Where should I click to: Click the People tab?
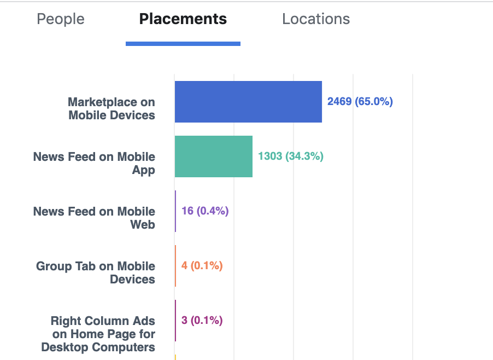coord(61,19)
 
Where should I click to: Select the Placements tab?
coord(183,19)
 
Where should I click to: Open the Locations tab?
coord(316,19)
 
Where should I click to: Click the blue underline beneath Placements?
coord(183,44)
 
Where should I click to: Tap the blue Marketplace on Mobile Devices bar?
coord(248,102)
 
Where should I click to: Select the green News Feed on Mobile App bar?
coord(214,156)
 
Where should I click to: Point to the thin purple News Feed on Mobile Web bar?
coord(175,211)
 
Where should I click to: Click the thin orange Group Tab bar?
coord(175,266)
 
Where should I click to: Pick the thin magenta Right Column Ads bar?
coord(175,321)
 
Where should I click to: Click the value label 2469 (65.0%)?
coord(360,102)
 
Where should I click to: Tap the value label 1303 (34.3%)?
coord(291,156)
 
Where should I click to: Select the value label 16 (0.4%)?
coord(205,211)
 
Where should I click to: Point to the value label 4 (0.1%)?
coord(202,266)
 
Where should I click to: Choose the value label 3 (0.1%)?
coord(202,321)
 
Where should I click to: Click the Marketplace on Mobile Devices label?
coord(111,108)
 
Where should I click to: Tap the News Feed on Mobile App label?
coord(94,163)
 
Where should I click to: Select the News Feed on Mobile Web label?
coord(94,218)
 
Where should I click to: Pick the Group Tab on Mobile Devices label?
coord(96,272)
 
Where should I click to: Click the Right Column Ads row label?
coord(98,334)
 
